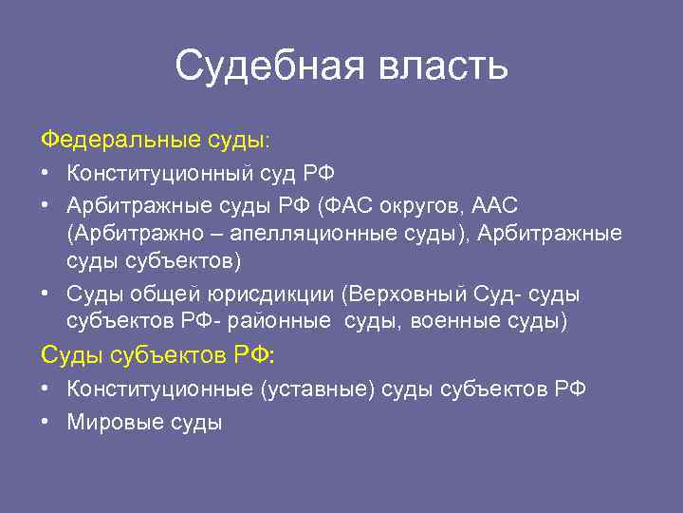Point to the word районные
pos(292,322)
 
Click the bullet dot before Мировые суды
pos(46,421)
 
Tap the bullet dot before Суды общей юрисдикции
pos(46,294)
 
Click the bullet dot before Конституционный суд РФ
pos(46,174)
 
